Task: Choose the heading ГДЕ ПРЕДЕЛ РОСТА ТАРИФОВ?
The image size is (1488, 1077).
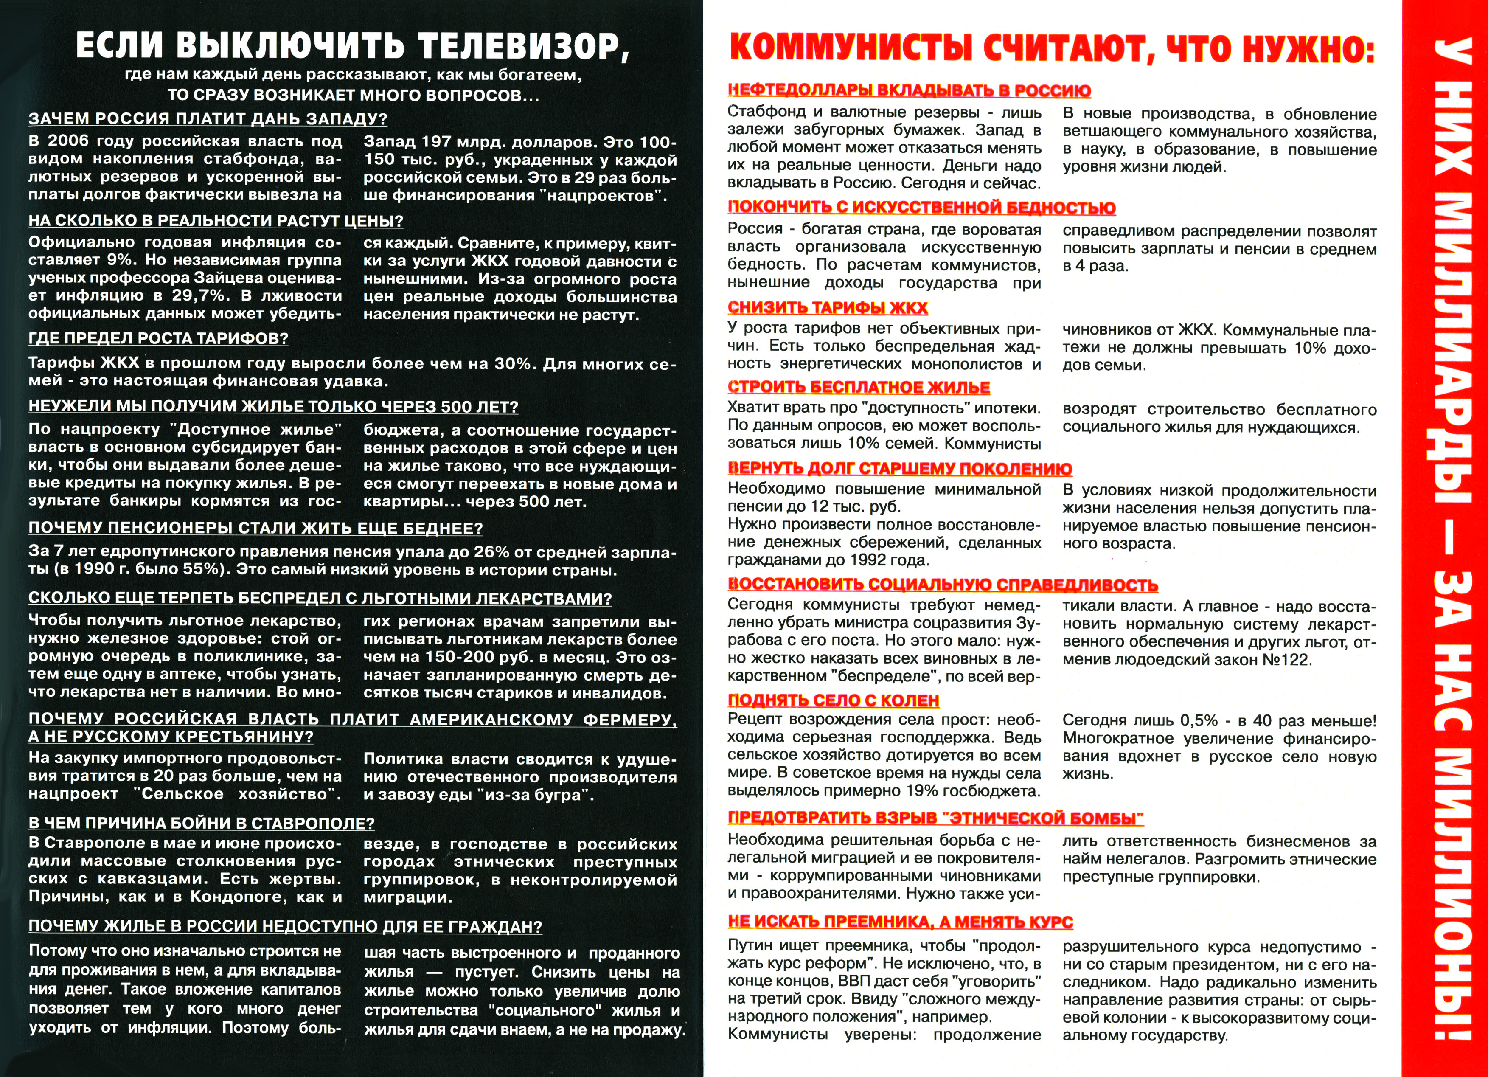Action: coord(158,339)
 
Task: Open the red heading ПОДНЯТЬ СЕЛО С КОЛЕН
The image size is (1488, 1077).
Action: coord(833,700)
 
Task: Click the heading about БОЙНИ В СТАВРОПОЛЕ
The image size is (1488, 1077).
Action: coord(202,823)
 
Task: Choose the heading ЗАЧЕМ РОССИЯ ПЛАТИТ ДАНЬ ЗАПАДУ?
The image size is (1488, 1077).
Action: coord(208,119)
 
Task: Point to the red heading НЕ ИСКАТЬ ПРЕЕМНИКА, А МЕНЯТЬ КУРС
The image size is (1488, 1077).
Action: coord(900,922)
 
